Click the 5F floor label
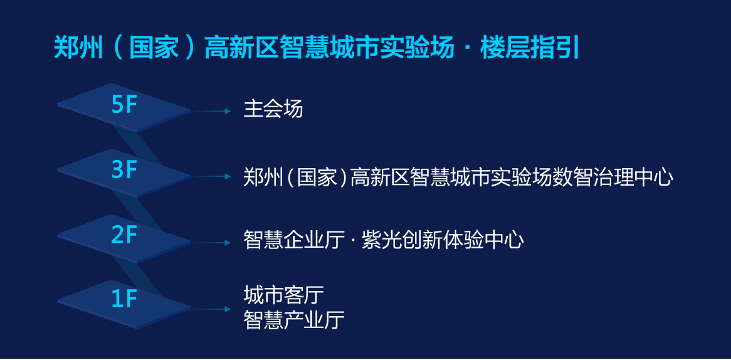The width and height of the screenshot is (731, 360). (x=124, y=105)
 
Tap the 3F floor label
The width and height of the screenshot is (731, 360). (x=124, y=171)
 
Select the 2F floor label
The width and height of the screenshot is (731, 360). (x=124, y=236)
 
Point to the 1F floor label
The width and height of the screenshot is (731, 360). (x=124, y=300)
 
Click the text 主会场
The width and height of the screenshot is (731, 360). (x=273, y=110)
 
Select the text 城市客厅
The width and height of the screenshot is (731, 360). (x=283, y=295)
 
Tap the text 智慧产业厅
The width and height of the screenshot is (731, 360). (x=294, y=320)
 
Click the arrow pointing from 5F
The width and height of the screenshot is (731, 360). (x=211, y=111)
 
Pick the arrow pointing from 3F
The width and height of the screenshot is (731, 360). (x=211, y=176)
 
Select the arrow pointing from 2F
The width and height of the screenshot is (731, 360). (x=211, y=243)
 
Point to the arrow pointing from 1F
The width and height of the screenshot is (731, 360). (x=211, y=309)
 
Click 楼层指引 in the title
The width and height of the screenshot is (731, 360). (x=530, y=48)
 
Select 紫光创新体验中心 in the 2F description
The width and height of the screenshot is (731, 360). (x=443, y=241)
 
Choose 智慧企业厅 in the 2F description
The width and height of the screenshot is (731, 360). (x=294, y=241)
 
